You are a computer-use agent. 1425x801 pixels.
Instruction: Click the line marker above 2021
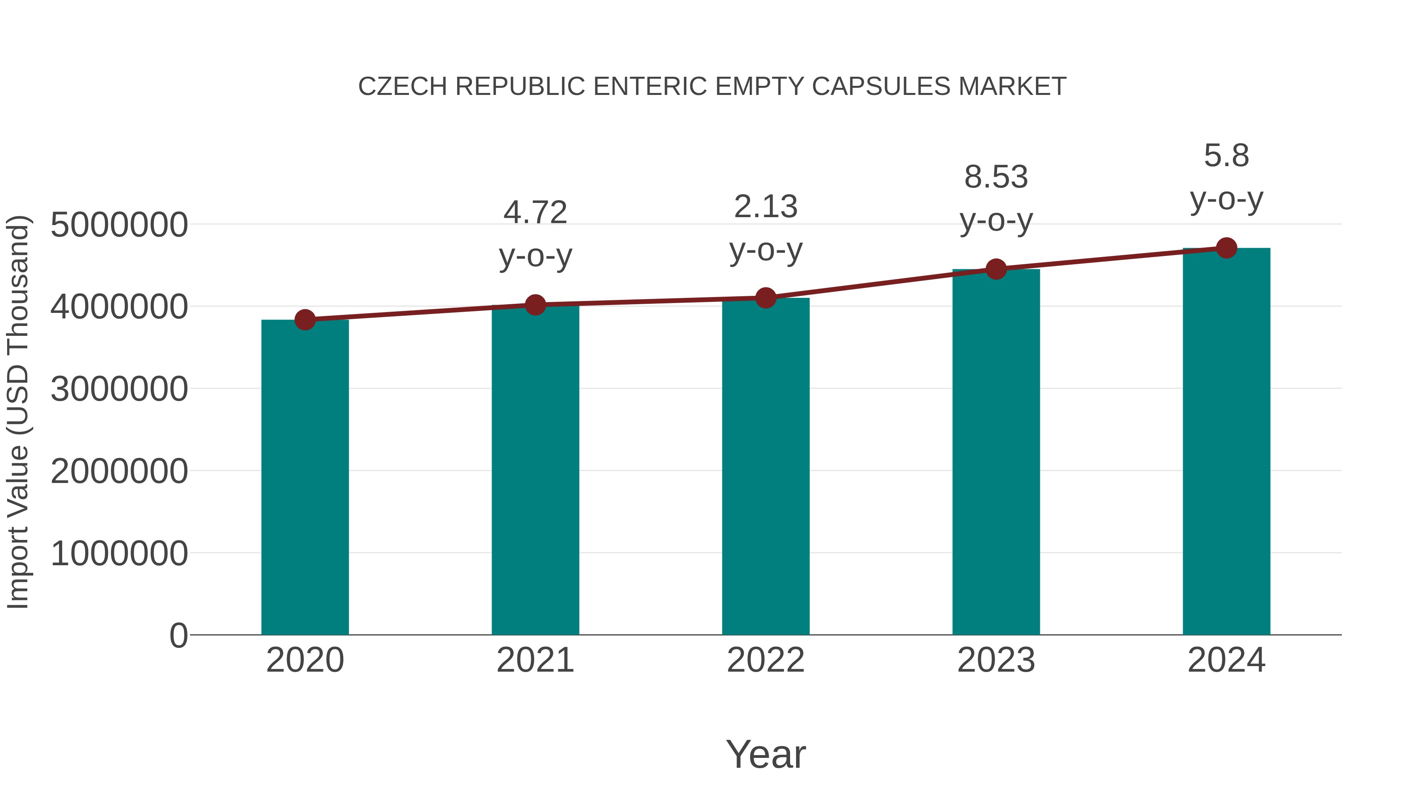tap(535, 305)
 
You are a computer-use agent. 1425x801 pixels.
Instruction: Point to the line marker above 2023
tap(996, 269)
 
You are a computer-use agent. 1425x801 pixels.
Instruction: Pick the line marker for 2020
tap(305, 320)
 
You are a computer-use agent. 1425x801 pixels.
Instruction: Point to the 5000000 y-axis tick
tap(119, 225)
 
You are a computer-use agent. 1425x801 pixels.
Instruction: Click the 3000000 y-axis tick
tap(119, 389)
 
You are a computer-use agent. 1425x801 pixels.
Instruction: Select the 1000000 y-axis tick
tap(119, 553)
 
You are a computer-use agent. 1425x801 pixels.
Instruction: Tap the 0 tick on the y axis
tap(179, 635)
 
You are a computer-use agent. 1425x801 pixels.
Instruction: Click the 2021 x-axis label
tap(535, 660)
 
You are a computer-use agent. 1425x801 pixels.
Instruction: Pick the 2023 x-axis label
tap(996, 660)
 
